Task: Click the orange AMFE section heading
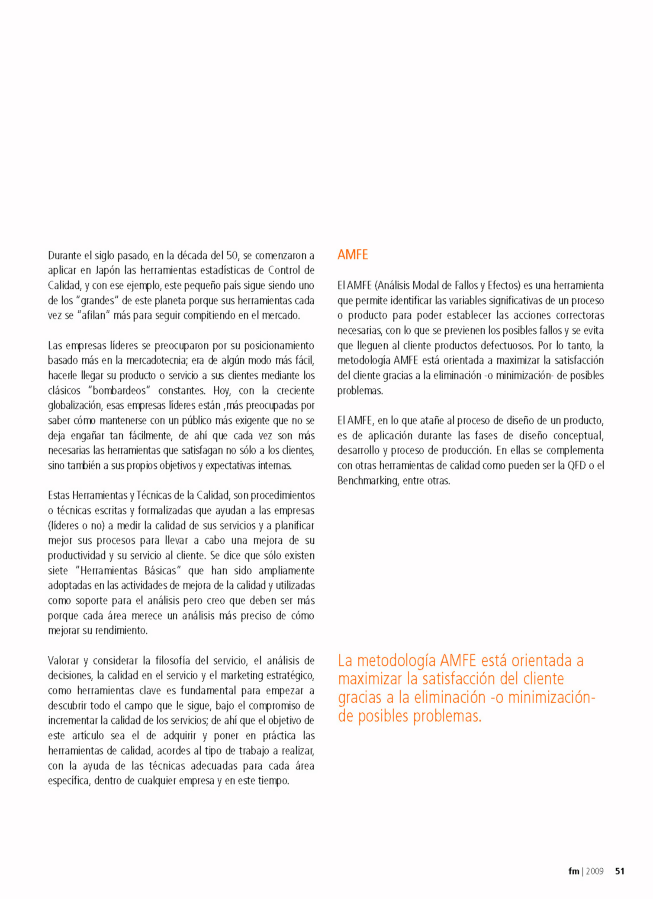[x=353, y=255]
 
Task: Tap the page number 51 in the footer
[x=620, y=871]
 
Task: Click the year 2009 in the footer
[x=595, y=871]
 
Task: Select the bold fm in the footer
[x=573, y=871]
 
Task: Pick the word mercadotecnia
[x=156, y=361]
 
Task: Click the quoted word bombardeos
[x=119, y=390]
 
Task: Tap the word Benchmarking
[x=367, y=480]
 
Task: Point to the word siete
[x=58, y=570]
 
